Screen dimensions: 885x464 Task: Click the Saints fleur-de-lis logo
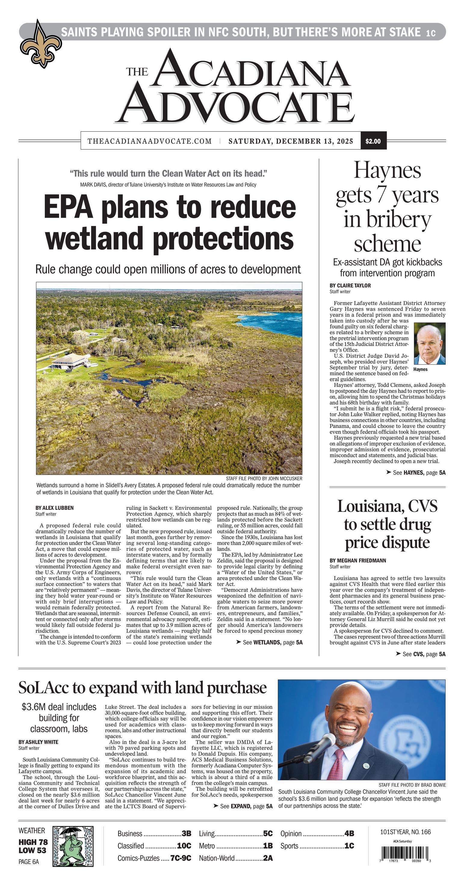click(41, 45)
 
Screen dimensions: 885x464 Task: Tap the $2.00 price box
click(373, 141)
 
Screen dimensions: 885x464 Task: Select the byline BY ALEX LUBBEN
click(54, 508)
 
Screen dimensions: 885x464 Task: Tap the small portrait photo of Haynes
click(429, 344)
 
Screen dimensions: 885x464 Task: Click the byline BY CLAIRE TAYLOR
click(350, 286)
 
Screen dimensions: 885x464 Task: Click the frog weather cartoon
click(73, 846)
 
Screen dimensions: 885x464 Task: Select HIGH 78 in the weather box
click(33, 842)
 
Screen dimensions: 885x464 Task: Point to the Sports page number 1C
click(349, 846)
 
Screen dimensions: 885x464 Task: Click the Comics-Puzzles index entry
click(154, 858)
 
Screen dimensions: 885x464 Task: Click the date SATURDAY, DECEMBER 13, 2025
click(291, 141)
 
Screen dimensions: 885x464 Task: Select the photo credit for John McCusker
click(264, 478)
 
